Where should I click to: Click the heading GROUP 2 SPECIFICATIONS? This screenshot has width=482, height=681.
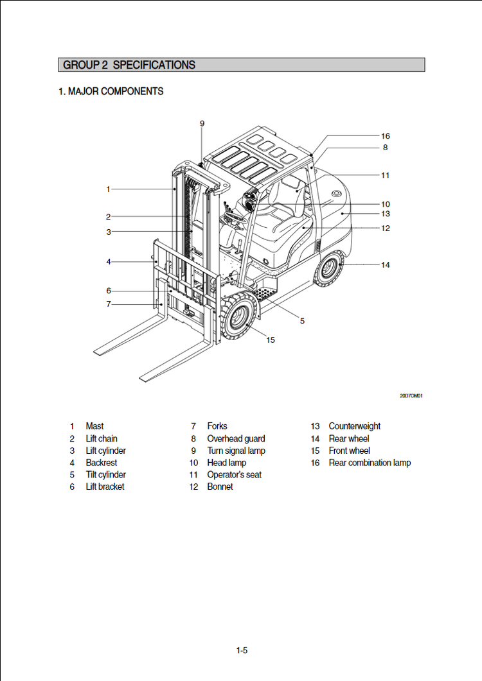129,65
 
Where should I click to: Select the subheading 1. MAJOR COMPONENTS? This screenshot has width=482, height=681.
111,92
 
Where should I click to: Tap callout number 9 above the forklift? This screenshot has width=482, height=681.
202,123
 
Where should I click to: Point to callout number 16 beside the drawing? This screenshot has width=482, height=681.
385,136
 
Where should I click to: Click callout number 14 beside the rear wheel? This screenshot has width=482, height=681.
385,264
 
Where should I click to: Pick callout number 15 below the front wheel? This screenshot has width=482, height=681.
271,340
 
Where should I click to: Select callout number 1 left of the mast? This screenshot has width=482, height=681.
109,189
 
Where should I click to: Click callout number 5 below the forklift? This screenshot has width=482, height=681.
302,321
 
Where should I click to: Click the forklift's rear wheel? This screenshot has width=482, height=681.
330,268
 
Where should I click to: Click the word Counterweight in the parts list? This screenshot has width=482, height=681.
354,426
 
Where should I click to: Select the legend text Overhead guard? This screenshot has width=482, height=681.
236,438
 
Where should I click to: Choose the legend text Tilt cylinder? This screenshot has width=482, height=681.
106,474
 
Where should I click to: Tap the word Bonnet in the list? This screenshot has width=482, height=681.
220,487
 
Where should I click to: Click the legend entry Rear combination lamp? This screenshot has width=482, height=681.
370,463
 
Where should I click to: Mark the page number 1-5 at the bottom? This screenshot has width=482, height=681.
242,650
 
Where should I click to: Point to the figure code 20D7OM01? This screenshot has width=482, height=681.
411,396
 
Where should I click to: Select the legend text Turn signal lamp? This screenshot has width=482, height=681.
236,451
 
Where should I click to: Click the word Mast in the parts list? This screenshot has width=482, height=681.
94,426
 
